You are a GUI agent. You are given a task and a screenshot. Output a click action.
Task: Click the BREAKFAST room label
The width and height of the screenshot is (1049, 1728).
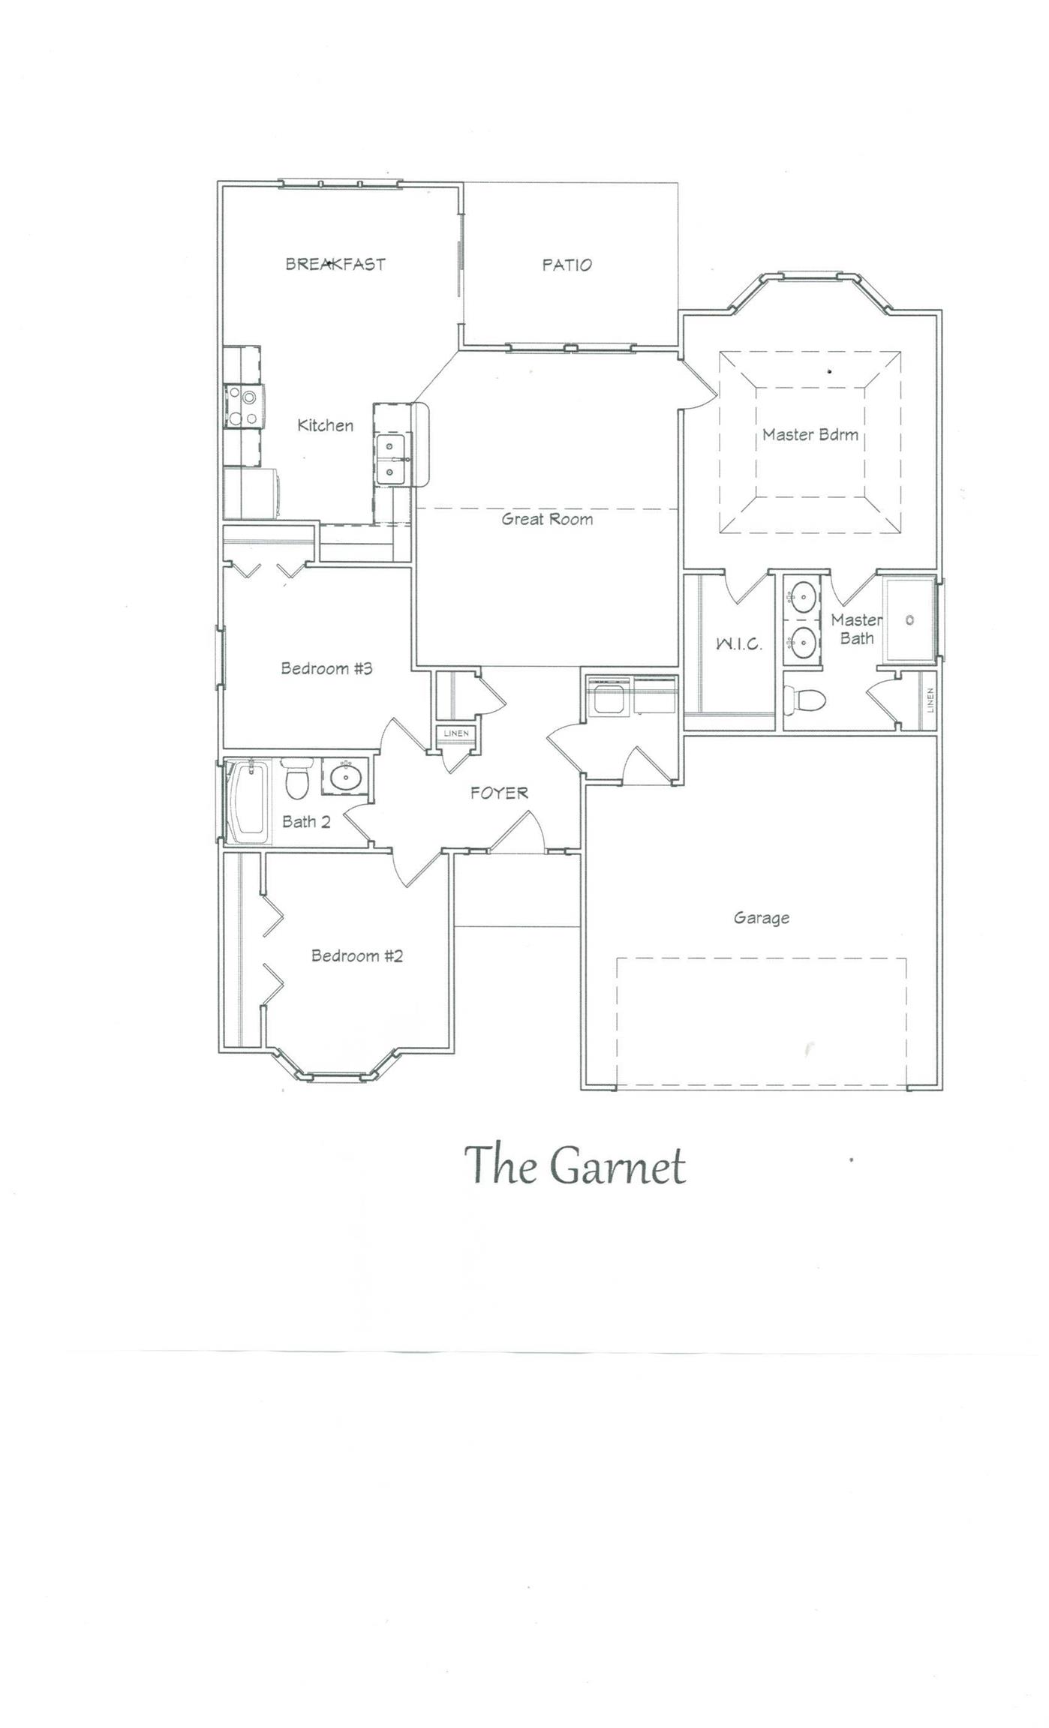[x=335, y=264]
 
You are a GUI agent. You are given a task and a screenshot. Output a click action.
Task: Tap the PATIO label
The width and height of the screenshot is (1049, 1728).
[x=567, y=265]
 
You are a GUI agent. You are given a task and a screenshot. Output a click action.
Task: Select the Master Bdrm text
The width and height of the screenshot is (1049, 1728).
[x=810, y=434]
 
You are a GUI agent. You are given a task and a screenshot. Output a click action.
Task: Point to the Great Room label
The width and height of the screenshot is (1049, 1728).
[x=547, y=519]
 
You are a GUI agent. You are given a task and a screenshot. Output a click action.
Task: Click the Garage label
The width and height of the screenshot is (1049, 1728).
[x=762, y=918]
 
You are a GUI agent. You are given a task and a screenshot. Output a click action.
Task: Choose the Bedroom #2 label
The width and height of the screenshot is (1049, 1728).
[x=357, y=956]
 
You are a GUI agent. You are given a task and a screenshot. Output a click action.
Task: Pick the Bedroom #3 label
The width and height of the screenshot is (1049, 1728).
[x=326, y=668]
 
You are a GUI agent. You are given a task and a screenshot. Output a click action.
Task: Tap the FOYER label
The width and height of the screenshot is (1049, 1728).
[x=500, y=793]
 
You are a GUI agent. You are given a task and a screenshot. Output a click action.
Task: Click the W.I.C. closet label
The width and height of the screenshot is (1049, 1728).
[x=739, y=643]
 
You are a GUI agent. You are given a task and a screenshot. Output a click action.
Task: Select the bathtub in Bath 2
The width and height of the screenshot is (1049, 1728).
[x=250, y=802]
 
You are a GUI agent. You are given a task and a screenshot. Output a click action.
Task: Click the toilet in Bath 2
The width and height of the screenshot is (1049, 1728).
[x=297, y=779]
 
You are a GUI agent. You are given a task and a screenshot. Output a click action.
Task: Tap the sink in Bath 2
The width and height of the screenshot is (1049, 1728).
[x=345, y=777]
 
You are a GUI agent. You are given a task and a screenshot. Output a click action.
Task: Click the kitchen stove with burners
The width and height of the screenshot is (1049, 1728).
[x=242, y=405]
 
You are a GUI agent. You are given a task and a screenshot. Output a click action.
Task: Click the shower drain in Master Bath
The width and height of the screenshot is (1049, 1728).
[x=910, y=620]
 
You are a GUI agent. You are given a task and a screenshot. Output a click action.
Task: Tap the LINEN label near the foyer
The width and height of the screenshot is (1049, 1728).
[x=456, y=733]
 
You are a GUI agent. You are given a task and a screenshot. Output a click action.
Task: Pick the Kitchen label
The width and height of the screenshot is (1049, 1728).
[x=326, y=425]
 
